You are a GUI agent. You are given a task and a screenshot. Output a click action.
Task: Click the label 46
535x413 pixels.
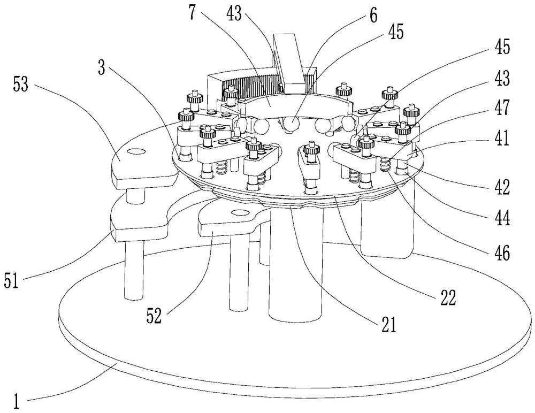[x=500, y=251]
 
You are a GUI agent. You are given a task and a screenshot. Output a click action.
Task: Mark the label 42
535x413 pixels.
[x=501, y=188]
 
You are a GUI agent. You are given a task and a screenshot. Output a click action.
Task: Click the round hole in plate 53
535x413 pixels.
[x=137, y=152]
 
